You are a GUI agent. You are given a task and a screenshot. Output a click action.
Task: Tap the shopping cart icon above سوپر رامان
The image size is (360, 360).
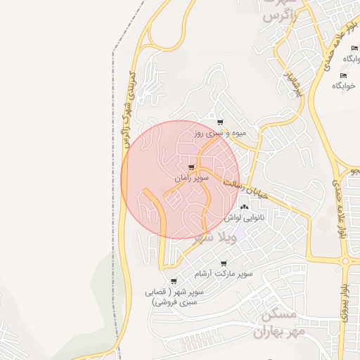point(192,168)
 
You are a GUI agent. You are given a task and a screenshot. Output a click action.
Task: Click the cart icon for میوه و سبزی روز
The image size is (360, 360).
point(221,122)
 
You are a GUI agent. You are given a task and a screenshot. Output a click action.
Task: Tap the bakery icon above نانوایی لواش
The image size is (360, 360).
point(245,207)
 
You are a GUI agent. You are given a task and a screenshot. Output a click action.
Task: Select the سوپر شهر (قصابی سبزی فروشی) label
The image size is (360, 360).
point(174,296)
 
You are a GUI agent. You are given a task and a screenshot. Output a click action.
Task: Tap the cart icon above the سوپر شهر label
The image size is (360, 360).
point(174,281)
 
